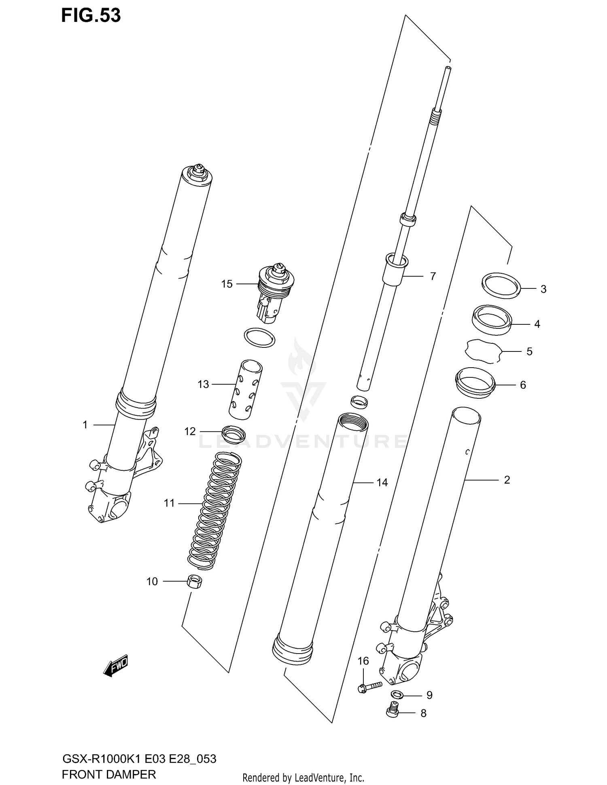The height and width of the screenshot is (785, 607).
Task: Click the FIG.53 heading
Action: coord(91,15)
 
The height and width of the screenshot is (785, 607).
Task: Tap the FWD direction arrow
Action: coord(116,666)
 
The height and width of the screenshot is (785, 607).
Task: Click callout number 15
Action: coord(227,284)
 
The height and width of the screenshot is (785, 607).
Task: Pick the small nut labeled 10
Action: coord(195,583)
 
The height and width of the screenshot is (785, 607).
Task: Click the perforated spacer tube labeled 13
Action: coord(246,389)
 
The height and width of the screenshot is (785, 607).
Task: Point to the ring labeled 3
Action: coord(501,286)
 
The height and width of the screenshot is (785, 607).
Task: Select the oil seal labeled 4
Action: coord(492,320)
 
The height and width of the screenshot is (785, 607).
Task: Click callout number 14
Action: coord(382,482)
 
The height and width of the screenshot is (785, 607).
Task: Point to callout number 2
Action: coord(507,480)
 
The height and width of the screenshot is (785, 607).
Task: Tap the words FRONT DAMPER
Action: coord(109,774)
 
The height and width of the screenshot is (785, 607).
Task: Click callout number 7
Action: coord(433,276)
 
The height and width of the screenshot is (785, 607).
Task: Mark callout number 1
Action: coord(85,425)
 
